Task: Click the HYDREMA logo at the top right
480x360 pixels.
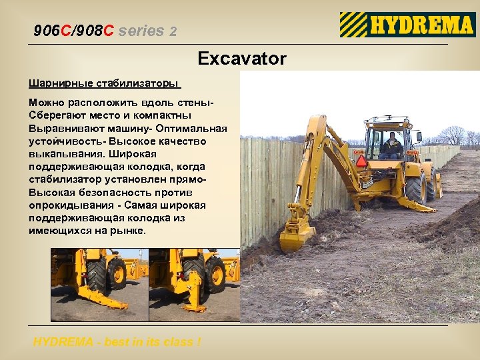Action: click(x=407, y=25)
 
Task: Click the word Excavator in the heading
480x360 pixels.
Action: click(x=242, y=59)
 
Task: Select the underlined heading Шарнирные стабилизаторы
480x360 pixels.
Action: click(x=104, y=84)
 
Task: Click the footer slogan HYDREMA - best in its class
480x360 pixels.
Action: click(x=117, y=342)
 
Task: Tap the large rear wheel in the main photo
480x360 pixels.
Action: click(x=415, y=187)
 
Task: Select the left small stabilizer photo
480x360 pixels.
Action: click(x=99, y=284)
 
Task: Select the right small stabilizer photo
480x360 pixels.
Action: click(x=194, y=284)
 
